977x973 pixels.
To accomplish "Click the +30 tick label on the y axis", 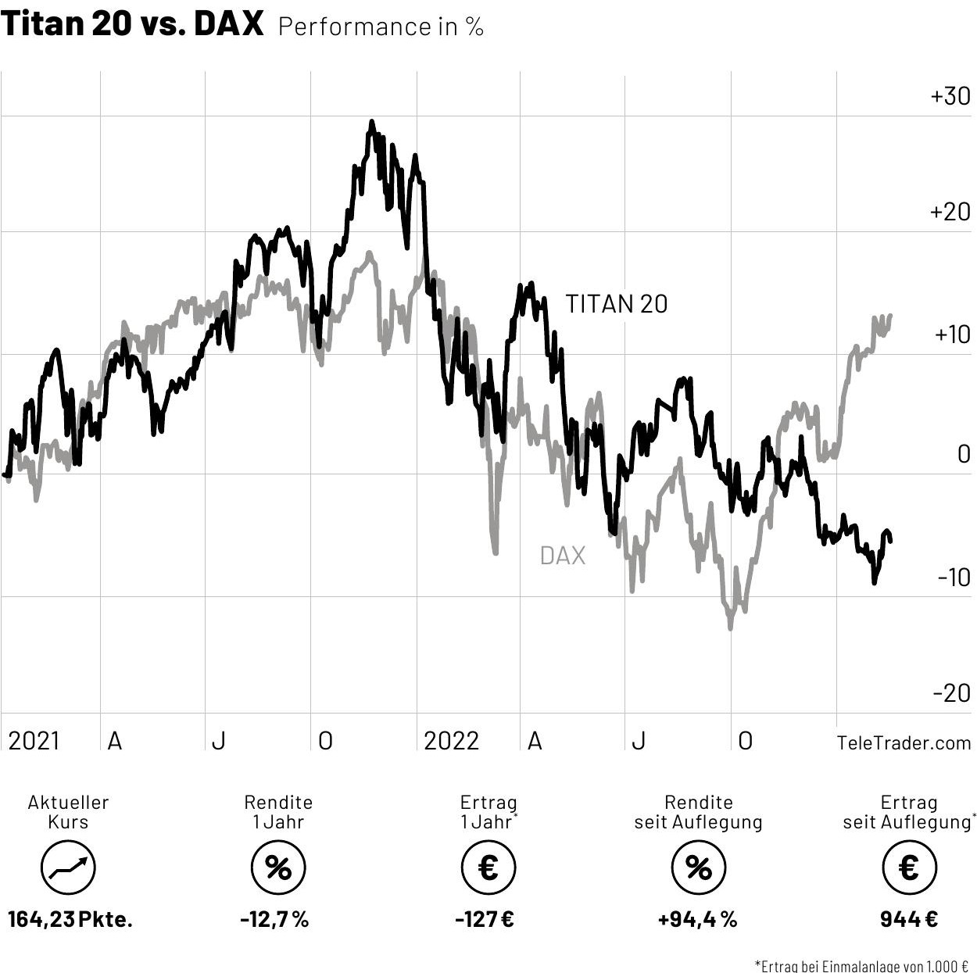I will click(950, 96).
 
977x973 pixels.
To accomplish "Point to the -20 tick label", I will click(951, 692).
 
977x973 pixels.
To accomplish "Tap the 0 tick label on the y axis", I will click(964, 454).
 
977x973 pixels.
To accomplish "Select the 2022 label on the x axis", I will click(451, 740).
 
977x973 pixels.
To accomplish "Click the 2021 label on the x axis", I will click(34, 740).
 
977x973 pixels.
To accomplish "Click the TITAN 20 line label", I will click(616, 304).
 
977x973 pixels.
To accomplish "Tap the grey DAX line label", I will click(562, 556).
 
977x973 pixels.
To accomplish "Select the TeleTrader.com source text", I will click(904, 742).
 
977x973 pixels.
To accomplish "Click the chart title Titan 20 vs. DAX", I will click(132, 24).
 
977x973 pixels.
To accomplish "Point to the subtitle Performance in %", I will click(381, 27).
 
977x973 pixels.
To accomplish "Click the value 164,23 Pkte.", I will click(70, 919).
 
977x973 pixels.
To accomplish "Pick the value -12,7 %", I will click(274, 919).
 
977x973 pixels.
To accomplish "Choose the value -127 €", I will click(485, 919).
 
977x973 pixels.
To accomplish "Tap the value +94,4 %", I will click(697, 919).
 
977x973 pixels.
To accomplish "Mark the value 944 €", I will click(909, 919).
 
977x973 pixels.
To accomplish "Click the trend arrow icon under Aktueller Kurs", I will click(68, 867).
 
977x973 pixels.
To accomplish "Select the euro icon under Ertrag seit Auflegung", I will click(909, 867).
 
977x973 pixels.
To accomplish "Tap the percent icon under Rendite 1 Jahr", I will click(278, 867).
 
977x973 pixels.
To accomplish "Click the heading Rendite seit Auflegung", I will click(698, 812).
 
